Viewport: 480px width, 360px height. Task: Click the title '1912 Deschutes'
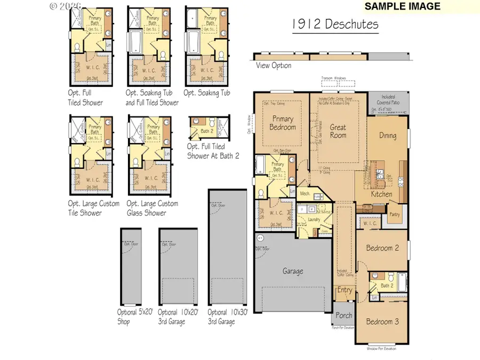tap(335, 25)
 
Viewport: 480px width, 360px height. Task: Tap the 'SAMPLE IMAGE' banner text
tap(403, 6)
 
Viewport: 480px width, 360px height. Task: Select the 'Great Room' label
tap(338, 131)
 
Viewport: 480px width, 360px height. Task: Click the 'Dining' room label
tap(388, 135)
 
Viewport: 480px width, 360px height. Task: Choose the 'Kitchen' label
tap(381, 194)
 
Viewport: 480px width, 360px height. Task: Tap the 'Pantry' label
tap(395, 214)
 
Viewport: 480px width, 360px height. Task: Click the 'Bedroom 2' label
tap(382, 248)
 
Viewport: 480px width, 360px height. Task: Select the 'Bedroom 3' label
tap(382, 322)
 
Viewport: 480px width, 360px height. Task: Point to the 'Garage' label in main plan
tap(293, 271)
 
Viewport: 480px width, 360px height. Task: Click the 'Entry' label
tap(345, 290)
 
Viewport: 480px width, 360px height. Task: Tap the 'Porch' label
tap(344, 316)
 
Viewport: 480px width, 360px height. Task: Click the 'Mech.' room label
tap(306, 194)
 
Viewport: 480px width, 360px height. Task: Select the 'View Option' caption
tap(274, 66)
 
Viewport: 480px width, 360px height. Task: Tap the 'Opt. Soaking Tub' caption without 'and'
tap(207, 93)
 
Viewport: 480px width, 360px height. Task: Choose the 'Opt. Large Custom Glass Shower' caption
tap(152, 208)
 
